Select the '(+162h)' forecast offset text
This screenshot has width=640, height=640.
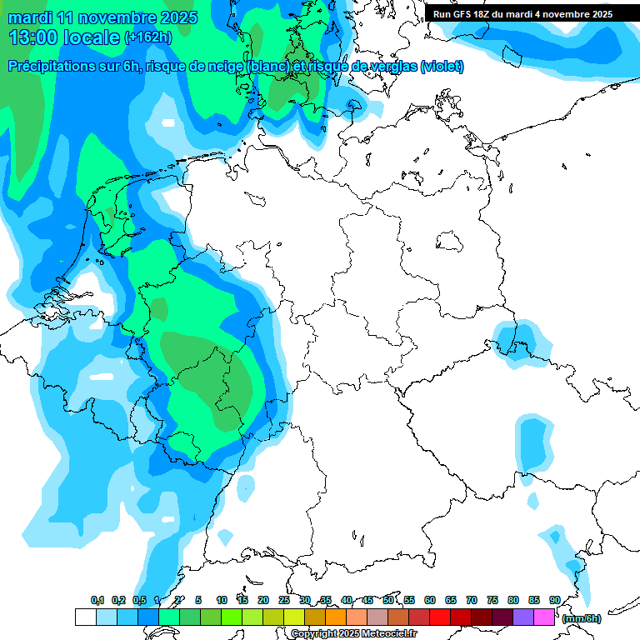(x=148, y=37)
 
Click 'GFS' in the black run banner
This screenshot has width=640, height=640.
(x=467, y=13)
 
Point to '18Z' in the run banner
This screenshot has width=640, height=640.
(x=491, y=13)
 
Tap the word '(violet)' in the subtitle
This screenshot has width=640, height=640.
(x=442, y=67)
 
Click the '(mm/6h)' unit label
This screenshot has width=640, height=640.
(x=581, y=618)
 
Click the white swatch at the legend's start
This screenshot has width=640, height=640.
(x=85, y=617)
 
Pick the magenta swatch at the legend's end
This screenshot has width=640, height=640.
(x=544, y=617)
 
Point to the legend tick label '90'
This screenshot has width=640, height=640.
(x=554, y=600)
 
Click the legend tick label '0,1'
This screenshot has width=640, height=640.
(x=97, y=600)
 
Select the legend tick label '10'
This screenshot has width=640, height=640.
(x=221, y=600)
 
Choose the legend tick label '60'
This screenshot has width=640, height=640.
(x=429, y=600)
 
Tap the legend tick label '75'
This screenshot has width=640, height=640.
(x=492, y=600)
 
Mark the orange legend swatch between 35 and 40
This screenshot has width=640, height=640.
(x=336, y=617)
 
